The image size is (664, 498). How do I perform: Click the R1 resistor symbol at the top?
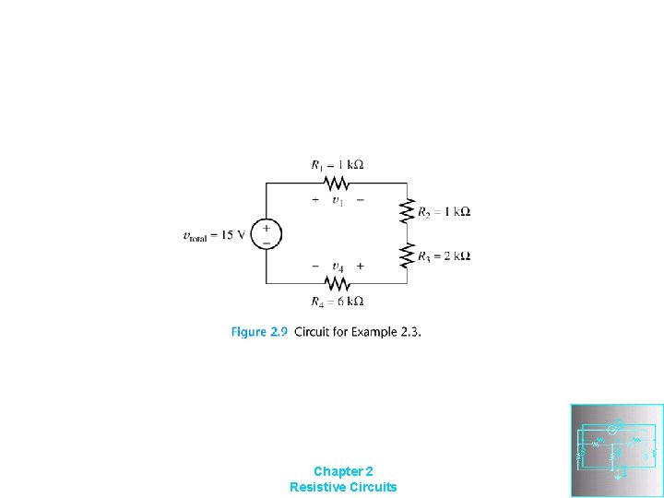pyautogui.click(x=337, y=183)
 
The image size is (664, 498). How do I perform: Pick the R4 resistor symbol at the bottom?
pyautogui.click(x=337, y=283)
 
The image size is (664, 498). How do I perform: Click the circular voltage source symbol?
pyautogui.click(x=266, y=233)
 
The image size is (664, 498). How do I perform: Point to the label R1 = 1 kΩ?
pyautogui.click(x=338, y=165)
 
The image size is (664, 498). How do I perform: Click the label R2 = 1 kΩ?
pyautogui.click(x=445, y=212)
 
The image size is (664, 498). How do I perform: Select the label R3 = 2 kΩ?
pyautogui.click(x=445, y=256)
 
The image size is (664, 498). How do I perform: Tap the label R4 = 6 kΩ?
pyautogui.click(x=338, y=302)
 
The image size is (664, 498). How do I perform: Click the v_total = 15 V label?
pyautogui.click(x=215, y=234)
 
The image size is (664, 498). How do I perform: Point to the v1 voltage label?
pyautogui.click(x=338, y=200)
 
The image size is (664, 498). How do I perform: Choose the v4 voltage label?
pyautogui.click(x=338, y=267)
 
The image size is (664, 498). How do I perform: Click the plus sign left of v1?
pyautogui.click(x=315, y=199)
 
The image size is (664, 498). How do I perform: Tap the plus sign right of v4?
pyautogui.click(x=360, y=266)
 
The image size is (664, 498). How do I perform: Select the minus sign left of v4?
pyautogui.click(x=315, y=266)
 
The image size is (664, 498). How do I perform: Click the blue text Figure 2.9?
pyautogui.click(x=259, y=332)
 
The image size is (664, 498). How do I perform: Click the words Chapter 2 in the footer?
pyautogui.click(x=343, y=470)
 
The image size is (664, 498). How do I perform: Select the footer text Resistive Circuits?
pyautogui.click(x=343, y=486)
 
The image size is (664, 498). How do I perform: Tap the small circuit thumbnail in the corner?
pyautogui.click(x=617, y=450)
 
